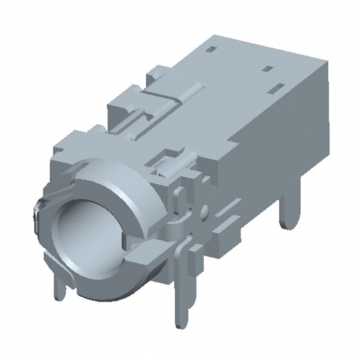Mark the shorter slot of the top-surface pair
pos(268,69)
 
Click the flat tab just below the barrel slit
pos(142,255)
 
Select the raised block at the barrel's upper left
pos(73,142)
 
